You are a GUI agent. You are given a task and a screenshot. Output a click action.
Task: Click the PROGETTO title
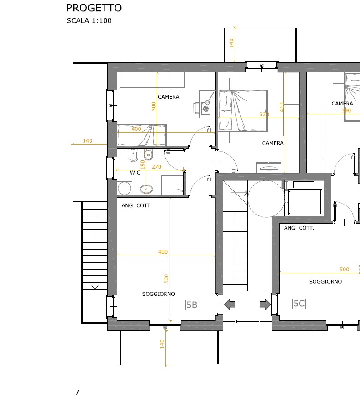pos(94,8)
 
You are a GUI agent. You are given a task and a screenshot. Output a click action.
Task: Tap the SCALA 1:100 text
pos(89,20)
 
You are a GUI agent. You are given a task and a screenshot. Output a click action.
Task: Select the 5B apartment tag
pos(192,305)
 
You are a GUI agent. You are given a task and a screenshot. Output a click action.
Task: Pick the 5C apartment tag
pos(299,304)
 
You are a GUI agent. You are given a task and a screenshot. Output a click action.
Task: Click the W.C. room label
pos(136,173)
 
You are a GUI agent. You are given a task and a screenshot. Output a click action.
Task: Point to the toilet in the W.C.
pos(149,155)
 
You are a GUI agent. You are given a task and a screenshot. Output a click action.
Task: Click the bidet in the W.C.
pos(133,155)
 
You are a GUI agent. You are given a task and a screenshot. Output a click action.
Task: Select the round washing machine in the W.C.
pos(125,188)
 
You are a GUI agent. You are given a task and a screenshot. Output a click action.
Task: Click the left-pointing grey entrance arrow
pos(230,304)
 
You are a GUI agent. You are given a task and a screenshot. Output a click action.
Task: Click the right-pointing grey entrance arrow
pos(265,304)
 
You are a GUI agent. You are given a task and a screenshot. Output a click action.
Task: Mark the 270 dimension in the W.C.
pos(156,167)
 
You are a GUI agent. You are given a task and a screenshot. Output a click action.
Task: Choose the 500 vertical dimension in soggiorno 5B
pos(166,279)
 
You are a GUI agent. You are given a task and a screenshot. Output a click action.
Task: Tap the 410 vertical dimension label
pos(282,107)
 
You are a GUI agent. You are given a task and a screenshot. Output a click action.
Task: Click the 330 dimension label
pos(264,115)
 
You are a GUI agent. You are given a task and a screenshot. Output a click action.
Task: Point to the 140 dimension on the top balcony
pos(231,43)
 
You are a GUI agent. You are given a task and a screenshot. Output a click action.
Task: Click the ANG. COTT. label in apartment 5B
pos(136,205)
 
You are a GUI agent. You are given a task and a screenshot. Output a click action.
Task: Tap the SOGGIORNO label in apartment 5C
pos(325,282)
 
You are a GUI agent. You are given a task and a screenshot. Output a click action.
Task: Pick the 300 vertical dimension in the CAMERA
pos(154,106)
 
